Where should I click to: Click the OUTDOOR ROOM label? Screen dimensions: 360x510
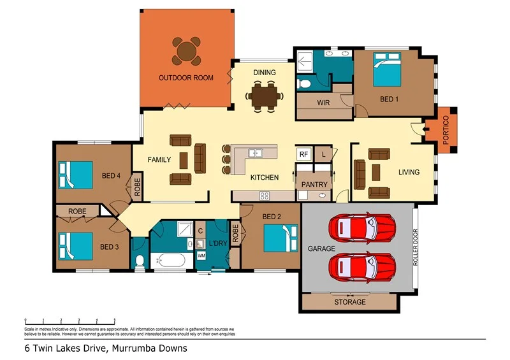pos(186,78)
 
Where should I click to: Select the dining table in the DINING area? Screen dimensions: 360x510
pos(264,96)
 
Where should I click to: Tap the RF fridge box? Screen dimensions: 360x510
pos(303,154)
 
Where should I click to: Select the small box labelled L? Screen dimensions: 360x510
pos(324,154)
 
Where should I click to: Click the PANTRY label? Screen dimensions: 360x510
pos(314,185)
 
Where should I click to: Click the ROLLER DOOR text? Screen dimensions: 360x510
pos(415,248)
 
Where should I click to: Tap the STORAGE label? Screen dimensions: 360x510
pos(351,302)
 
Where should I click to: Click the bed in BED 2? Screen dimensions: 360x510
pos(280,239)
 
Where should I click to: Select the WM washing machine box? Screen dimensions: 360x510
pos(201,256)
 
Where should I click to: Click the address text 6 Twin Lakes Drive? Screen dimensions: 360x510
pos(105,349)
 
